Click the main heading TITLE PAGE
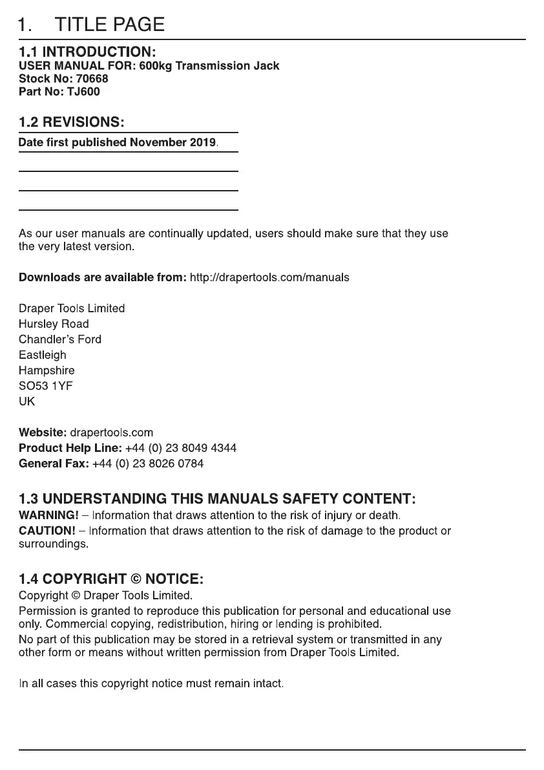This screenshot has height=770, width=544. coord(110,25)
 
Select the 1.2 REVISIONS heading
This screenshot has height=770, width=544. coord(71,122)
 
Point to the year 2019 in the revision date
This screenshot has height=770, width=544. coord(203,142)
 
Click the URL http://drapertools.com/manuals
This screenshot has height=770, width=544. coord(269,277)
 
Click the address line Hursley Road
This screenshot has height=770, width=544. coord(54,324)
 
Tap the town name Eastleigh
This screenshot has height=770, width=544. coord(42,355)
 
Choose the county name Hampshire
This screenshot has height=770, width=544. coord(47,370)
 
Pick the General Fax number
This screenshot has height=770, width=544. coord(148,464)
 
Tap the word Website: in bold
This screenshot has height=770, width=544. coord(43,433)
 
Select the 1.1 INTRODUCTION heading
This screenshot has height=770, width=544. coord(87,51)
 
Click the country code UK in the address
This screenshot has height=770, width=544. coord(27,401)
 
